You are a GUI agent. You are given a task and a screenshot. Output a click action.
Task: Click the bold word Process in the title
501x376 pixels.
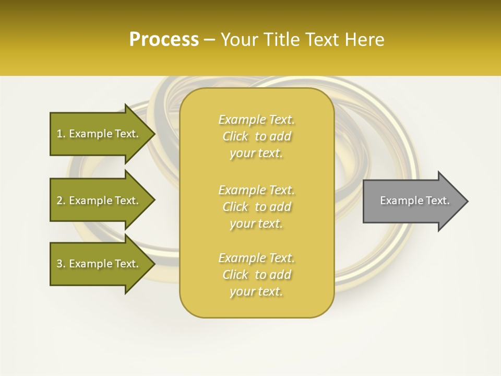[164, 40]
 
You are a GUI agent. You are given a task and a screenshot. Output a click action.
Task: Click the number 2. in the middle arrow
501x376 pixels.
[61, 201]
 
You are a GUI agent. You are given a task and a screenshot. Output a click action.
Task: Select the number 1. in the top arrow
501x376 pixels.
[61, 134]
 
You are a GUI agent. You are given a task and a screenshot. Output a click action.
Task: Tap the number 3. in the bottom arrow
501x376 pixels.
[61, 264]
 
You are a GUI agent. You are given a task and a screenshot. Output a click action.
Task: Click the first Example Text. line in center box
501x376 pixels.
[256, 120]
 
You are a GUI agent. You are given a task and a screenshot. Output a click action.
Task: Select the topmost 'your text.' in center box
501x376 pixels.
[256, 154]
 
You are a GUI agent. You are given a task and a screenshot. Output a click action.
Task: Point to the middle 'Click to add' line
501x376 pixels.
[256, 207]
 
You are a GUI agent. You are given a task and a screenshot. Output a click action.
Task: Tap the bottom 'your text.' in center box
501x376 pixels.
[256, 292]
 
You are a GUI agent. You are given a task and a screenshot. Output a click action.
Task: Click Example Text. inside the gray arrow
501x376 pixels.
[415, 201]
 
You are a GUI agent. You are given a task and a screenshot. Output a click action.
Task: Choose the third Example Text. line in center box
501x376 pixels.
[256, 258]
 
